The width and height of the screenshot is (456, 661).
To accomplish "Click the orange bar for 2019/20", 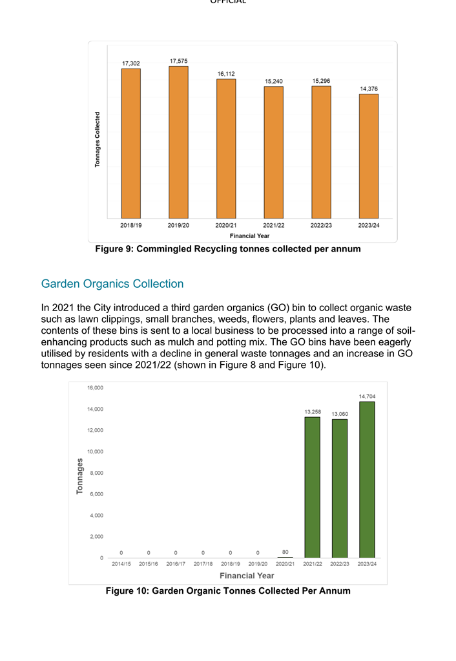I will (178, 142).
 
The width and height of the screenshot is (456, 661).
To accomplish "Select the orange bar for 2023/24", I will (369, 156).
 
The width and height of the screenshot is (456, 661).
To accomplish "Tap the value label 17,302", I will (131, 63).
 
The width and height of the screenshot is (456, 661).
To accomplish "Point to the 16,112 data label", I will (226, 74).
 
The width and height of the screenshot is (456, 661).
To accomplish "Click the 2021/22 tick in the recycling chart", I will (273, 226).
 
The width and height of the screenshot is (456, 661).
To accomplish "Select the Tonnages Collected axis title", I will (98, 139).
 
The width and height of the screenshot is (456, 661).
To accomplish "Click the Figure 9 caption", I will (227, 248).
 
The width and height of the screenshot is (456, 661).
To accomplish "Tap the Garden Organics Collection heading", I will (112, 284).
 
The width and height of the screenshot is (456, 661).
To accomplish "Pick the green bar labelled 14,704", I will (367, 479).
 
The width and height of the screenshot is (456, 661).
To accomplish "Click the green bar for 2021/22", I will (313, 487).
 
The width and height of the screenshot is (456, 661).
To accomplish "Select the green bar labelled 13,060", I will (340, 488).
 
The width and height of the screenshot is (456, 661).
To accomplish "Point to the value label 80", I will (285, 551).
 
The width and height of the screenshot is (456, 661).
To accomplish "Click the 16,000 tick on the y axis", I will (95, 387).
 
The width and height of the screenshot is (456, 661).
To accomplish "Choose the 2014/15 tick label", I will (121, 564).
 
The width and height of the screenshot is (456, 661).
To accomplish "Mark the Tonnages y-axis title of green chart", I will (80, 476).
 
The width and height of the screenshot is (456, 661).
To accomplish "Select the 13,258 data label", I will (313, 411).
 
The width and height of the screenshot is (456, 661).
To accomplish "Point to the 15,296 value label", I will (321, 81).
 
